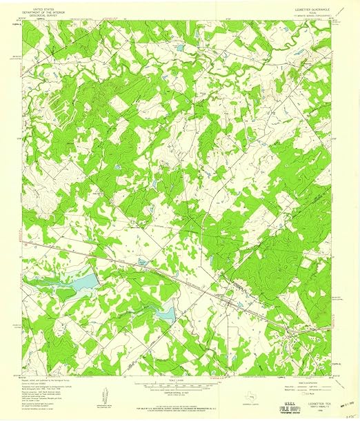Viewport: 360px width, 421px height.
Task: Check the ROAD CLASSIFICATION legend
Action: tap(310, 377)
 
